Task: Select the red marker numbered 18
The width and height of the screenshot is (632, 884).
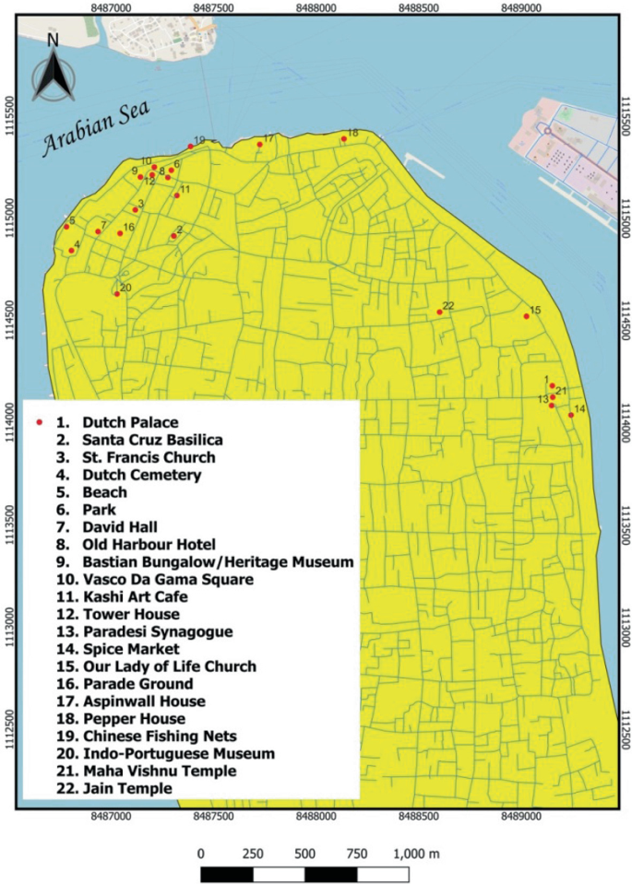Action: [x=343, y=139]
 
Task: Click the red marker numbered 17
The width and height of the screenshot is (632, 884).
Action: [x=259, y=145]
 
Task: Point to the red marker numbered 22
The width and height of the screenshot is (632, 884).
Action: [x=439, y=312]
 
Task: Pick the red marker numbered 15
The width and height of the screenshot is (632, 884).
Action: [x=527, y=316]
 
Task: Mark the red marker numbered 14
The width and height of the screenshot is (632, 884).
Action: [x=571, y=415]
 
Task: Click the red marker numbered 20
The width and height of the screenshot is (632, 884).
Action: [x=117, y=294]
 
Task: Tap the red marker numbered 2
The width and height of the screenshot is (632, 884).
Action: [x=173, y=236]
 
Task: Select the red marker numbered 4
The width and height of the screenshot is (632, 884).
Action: [x=72, y=250]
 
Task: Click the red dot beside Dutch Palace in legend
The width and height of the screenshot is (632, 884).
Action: [x=38, y=422]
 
